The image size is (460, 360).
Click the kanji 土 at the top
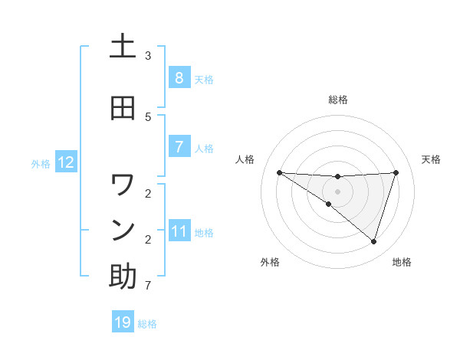[x=123, y=47]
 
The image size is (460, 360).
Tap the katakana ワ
[x=123, y=185]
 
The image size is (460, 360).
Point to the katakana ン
[x=123, y=229]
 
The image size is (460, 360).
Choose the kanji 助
[x=123, y=277]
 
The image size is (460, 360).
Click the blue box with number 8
[x=179, y=78]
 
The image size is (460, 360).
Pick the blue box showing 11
[x=179, y=231]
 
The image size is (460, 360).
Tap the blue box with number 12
[x=65, y=162]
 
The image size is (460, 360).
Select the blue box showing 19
[x=123, y=322]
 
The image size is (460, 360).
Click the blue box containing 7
[x=179, y=147]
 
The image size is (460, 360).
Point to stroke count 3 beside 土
[x=148, y=56]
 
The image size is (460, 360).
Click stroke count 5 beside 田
[x=148, y=116]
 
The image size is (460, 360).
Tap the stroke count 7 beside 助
[x=148, y=286]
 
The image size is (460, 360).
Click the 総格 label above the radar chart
[x=337, y=100]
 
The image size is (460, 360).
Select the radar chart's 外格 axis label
[x=270, y=262]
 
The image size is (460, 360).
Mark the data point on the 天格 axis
[x=396, y=172]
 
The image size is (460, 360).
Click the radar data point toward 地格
[x=373, y=241]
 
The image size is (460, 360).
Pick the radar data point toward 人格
[x=279, y=172]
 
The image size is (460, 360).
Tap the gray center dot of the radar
[x=337, y=191]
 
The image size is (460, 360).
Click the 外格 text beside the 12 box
[x=40, y=163]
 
